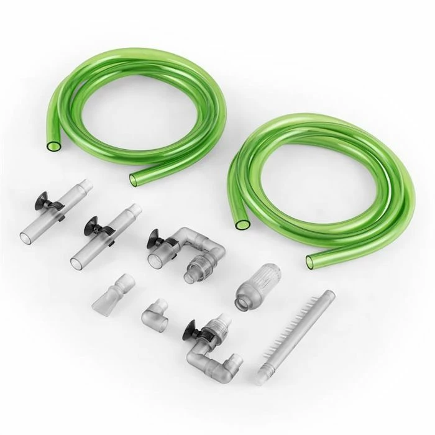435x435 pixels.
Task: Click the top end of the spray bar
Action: [x=329, y=295]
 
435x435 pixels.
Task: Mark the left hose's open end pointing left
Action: [x=52, y=147]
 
